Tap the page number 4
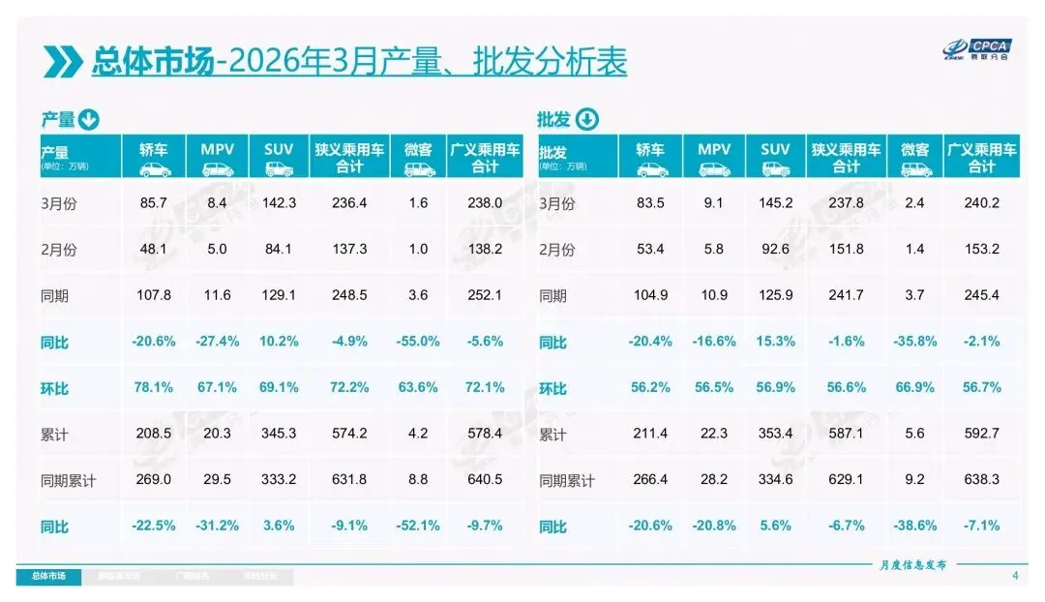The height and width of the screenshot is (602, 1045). click(x=1015, y=577)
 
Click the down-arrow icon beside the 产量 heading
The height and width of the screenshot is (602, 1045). click(x=88, y=120)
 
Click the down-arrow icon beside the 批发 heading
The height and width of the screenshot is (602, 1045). click(x=587, y=120)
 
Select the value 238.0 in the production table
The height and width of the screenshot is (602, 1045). click(x=485, y=203)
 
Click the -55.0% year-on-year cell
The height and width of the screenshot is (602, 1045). click(x=418, y=342)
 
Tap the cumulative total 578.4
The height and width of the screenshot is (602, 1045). click(x=485, y=435)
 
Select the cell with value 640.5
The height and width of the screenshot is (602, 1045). click(x=485, y=480)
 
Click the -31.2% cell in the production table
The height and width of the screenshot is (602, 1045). click(x=216, y=527)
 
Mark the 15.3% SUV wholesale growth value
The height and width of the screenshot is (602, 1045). click(x=775, y=342)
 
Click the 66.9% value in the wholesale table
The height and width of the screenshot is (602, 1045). click(x=914, y=388)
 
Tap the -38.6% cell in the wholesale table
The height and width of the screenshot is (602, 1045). click(x=914, y=527)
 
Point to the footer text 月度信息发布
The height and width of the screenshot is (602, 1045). click(x=912, y=564)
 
